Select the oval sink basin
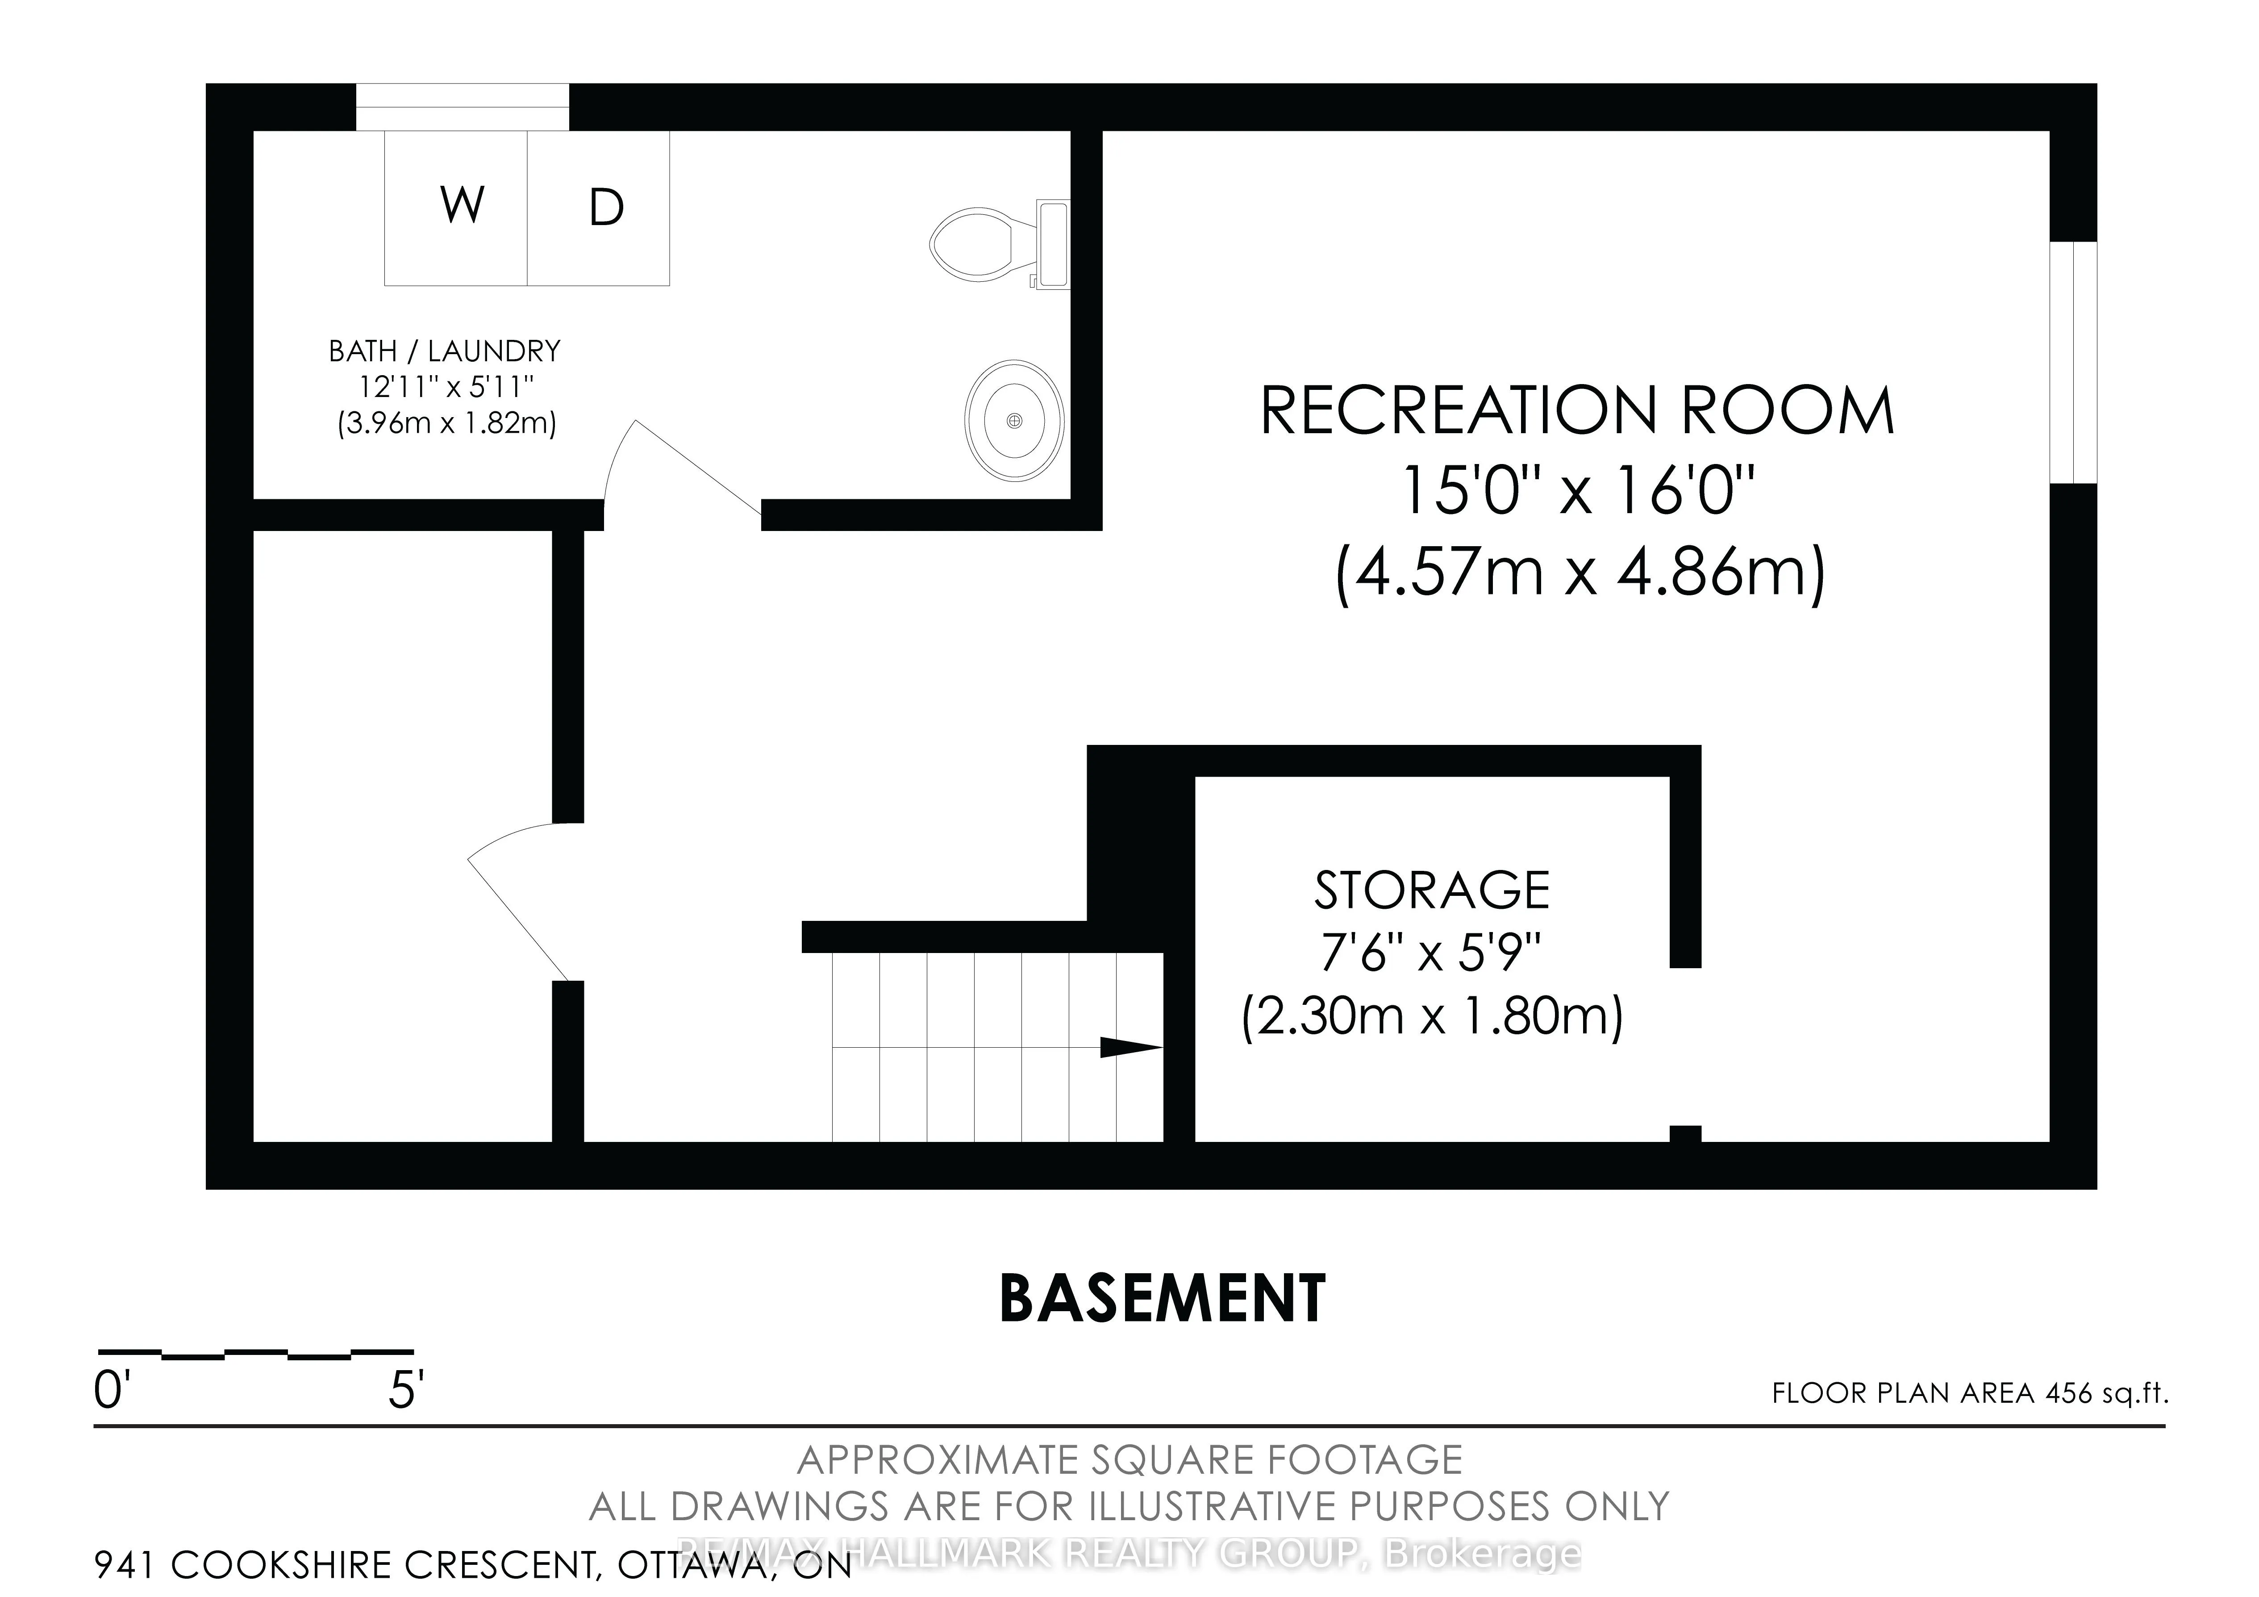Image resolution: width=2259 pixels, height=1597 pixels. [1013, 420]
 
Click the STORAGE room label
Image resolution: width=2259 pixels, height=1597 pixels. [1432, 890]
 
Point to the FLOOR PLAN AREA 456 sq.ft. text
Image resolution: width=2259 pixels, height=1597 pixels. [1969, 1393]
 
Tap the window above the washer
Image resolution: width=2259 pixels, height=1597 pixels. [462, 106]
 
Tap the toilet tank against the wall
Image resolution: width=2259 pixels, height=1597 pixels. [1053, 244]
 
